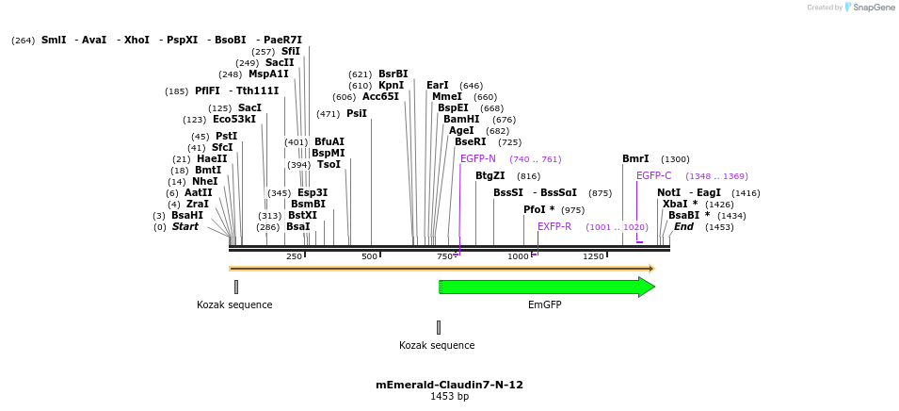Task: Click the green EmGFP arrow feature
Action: pyautogui.click(x=546, y=287)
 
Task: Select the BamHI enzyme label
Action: pyautogui.click(x=461, y=119)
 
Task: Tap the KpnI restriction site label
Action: pyautogui.click(x=391, y=85)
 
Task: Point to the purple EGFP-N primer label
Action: pyautogui.click(x=478, y=158)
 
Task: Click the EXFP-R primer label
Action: pyautogui.click(x=554, y=226)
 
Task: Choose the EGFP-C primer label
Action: pyautogui.click(x=654, y=175)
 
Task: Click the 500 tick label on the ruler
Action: pyautogui.click(x=369, y=256)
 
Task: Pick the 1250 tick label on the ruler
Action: pyautogui.click(x=593, y=256)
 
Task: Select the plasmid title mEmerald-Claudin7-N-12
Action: pyautogui.click(x=449, y=385)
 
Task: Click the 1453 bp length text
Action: pyautogui.click(x=449, y=397)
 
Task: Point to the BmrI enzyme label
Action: pyautogui.click(x=635, y=158)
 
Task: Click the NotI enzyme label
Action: pyautogui.click(x=668, y=192)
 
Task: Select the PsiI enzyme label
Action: pyautogui.click(x=356, y=113)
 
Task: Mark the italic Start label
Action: pyautogui.click(x=185, y=226)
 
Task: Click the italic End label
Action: pyautogui.click(x=683, y=226)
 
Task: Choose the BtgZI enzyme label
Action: pyautogui.click(x=490, y=175)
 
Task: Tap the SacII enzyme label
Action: pyautogui.click(x=280, y=62)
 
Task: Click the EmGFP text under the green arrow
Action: pyautogui.click(x=544, y=304)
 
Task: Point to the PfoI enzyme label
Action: pyautogui.click(x=534, y=209)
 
